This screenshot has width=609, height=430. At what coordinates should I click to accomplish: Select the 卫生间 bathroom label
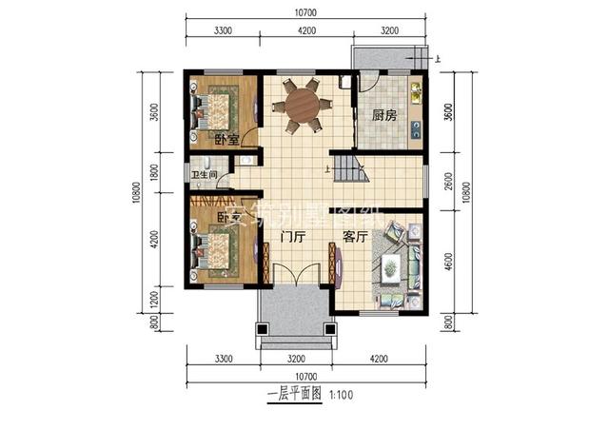(x=205, y=175)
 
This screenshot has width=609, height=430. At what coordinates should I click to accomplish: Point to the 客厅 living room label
(x=356, y=237)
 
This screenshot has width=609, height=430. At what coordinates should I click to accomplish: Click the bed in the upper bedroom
(x=219, y=107)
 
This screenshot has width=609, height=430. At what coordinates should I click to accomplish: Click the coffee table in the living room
(x=389, y=269)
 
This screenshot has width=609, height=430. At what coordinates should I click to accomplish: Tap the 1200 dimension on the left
(x=152, y=300)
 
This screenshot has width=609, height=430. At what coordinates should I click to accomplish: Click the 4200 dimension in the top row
(x=307, y=30)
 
